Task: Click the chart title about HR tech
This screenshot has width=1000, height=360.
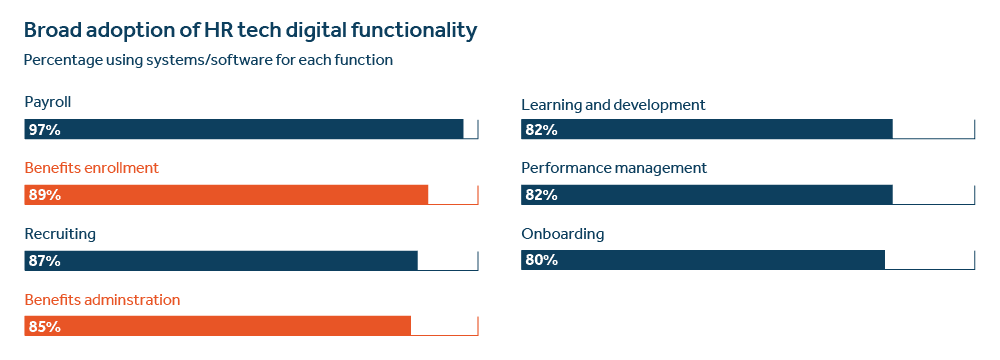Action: tap(249, 31)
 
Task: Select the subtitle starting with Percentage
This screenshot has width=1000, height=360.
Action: tap(208, 60)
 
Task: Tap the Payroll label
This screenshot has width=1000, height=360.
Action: tap(48, 102)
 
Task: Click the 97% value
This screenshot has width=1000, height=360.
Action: tap(45, 129)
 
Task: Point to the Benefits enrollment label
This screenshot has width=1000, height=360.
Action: tap(92, 168)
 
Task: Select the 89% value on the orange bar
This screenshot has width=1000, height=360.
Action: tap(45, 195)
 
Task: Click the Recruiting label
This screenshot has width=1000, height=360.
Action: tap(60, 234)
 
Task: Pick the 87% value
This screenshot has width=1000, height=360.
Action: tap(45, 261)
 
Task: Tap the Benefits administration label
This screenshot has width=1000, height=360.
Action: tap(102, 299)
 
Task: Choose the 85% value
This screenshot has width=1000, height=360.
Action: tap(45, 326)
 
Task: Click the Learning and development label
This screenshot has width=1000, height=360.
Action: tap(614, 104)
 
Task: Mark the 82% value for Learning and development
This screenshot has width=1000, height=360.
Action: tap(541, 130)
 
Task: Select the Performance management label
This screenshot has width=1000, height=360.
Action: tap(615, 168)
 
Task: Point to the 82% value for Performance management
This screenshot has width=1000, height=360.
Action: tap(541, 195)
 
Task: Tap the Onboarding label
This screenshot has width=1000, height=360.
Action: tap(563, 234)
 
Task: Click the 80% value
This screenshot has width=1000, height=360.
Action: tap(541, 261)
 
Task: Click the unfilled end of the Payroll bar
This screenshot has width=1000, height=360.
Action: tap(471, 129)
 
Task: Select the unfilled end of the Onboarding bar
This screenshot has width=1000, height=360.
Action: tap(930, 260)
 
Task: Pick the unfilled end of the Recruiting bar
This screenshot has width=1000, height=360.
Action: tap(448, 260)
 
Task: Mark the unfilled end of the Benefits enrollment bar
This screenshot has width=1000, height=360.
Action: tap(454, 195)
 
